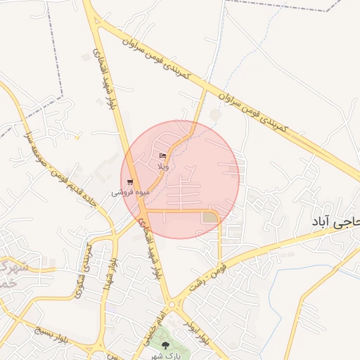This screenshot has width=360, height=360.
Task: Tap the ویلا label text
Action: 163,166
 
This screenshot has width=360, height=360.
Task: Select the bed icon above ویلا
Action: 163,155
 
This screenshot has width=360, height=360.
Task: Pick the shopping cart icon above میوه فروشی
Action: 131,181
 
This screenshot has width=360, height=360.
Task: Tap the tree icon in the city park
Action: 165,345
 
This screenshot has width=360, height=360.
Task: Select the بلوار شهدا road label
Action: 112,271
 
